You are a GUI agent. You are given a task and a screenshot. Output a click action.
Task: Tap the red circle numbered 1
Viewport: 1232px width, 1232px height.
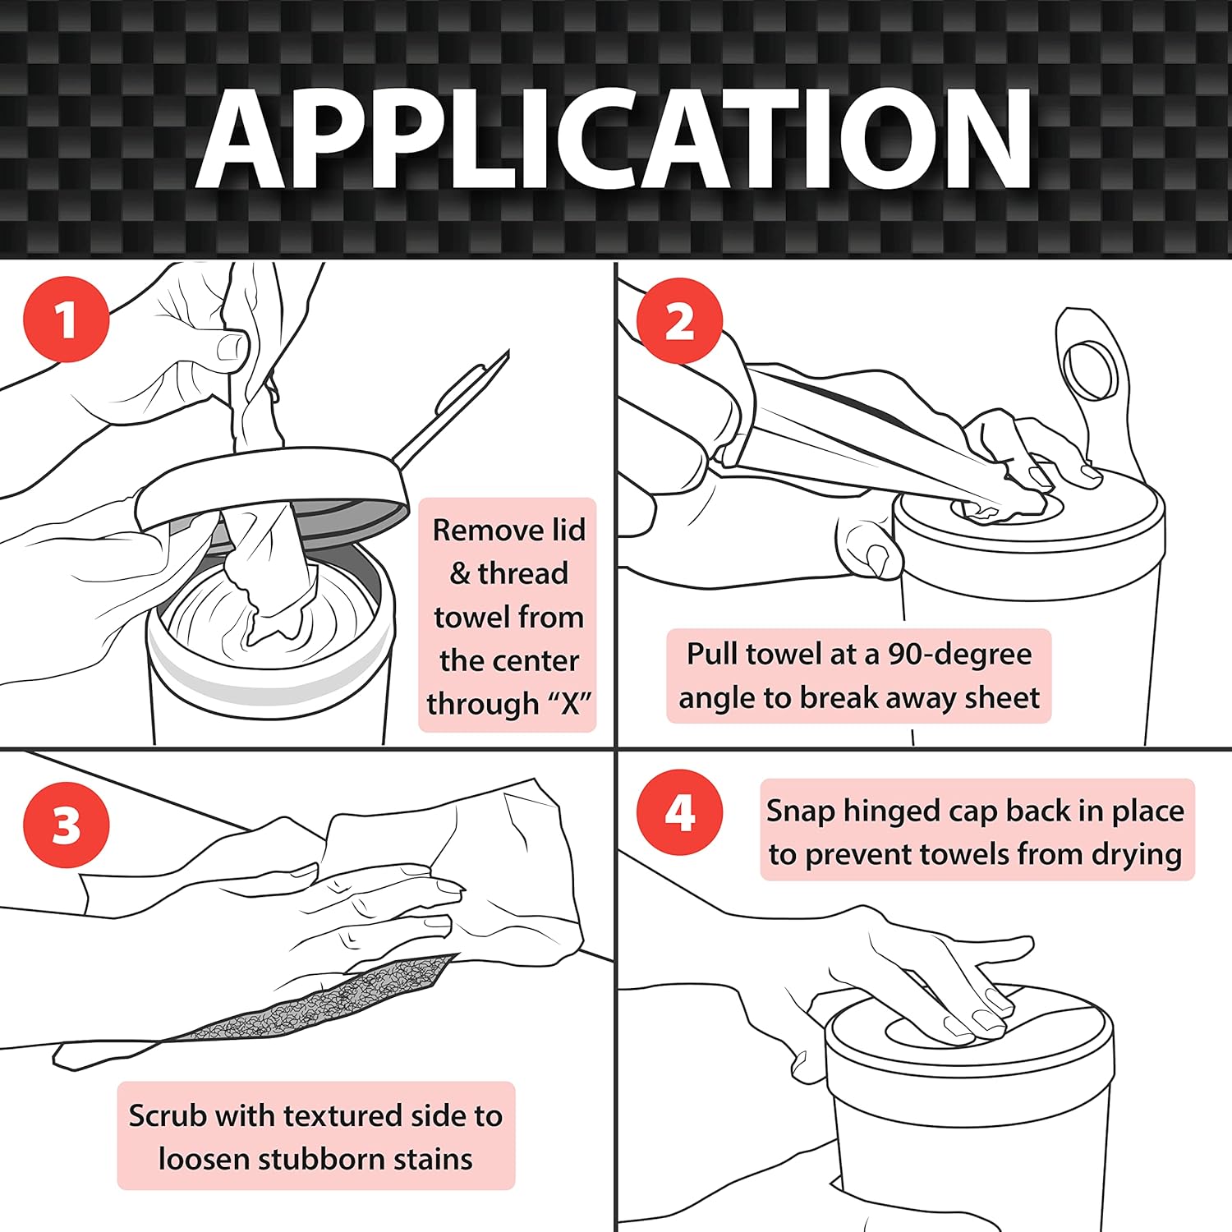pyautogui.click(x=67, y=319)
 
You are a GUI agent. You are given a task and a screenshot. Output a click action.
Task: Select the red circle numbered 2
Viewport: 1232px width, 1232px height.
pyautogui.click(x=679, y=320)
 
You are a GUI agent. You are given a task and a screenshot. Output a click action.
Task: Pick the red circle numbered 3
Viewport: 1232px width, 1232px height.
pyautogui.click(x=67, y=825)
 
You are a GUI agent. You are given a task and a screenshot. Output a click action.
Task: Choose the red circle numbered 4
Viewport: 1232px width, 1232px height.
pyautogui.click(x=680, y=812)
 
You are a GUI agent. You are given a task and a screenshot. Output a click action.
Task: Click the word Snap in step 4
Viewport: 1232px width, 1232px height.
pyautogui.click(x=801, y=812)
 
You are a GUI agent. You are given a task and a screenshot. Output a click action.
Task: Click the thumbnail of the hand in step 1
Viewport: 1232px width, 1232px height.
pyautogui.click(x=232, y=347)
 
